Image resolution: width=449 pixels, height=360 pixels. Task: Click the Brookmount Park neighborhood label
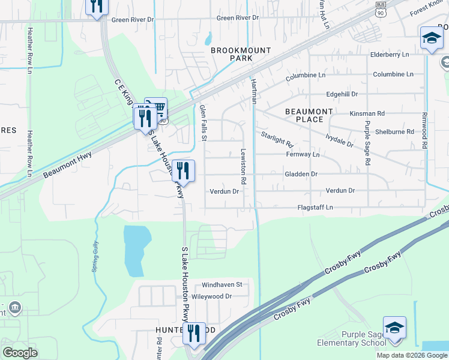241,55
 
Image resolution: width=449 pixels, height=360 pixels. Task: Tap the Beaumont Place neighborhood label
309,115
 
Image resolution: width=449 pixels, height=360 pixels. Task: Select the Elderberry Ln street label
389,54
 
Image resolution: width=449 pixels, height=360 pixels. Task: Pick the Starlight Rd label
277,140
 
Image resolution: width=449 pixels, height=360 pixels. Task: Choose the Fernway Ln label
303,154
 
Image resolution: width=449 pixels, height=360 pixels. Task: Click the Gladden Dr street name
301,174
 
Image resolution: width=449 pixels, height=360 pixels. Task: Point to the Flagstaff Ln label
315,208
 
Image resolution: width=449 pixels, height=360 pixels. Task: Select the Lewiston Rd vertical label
244,166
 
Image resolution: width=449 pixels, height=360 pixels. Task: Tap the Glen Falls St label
203,122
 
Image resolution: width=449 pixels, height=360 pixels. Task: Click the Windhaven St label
221,284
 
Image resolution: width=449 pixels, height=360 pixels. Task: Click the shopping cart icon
158,107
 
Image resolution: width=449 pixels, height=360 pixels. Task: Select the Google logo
20,353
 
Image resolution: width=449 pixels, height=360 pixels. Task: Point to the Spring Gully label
95,257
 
